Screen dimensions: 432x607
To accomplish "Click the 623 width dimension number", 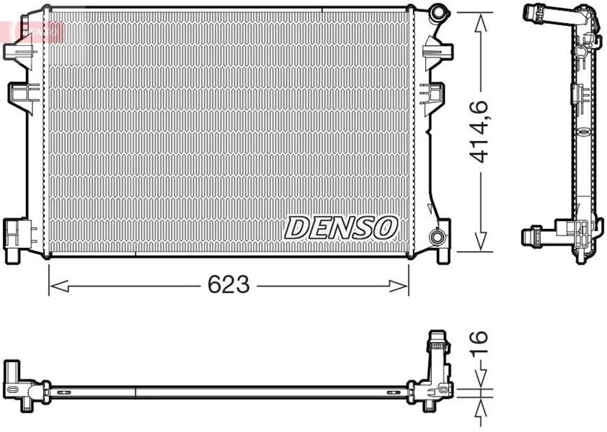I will point(229,285).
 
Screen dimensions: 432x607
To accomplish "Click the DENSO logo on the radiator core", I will point(341,228).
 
